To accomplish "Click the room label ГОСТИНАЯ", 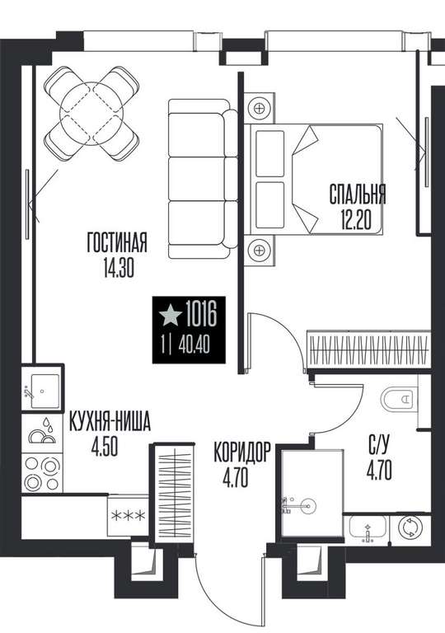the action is (117, 242).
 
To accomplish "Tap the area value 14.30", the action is (119, 268).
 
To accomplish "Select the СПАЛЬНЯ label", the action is (358, 195).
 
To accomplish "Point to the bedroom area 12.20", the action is (356, 219).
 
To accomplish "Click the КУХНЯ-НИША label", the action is (110, 421).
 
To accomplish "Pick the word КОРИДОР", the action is (241, 452).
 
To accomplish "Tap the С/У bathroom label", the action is (379, 445).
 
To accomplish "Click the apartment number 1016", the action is (201, 315).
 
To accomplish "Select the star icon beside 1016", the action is (170, 316).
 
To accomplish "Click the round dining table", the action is (91, 114).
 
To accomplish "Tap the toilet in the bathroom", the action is (399, 399).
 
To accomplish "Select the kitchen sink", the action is (42, 391).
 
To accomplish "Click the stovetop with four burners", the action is (43, 473).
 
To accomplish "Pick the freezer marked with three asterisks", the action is (128, 516).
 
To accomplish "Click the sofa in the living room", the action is (203, 179).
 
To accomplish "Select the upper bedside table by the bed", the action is (259, 108).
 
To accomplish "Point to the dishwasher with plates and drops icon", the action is (43, 433).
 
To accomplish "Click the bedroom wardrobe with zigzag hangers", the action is (368, 349).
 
